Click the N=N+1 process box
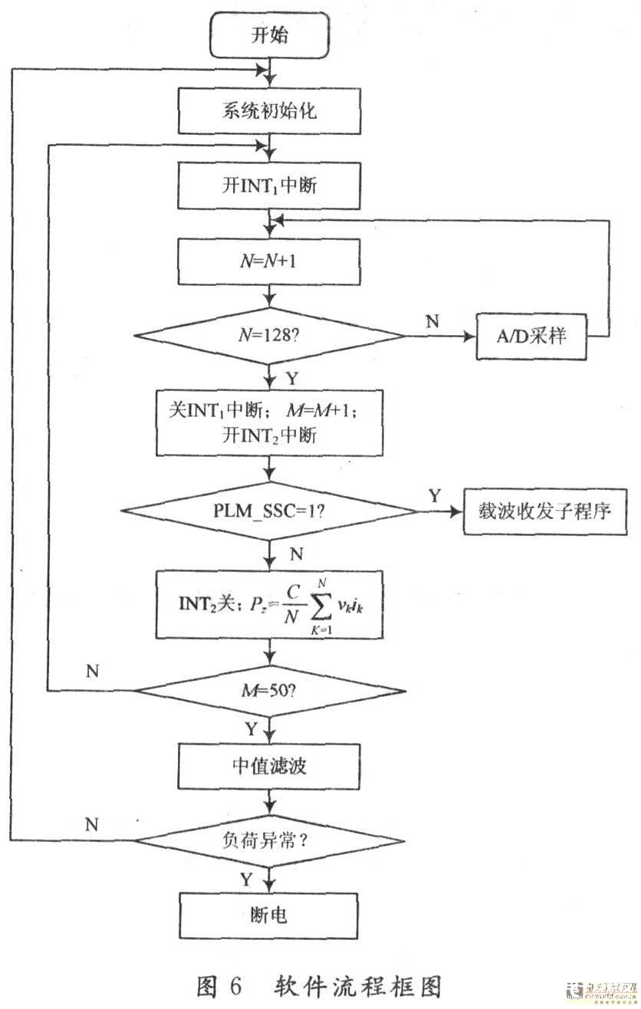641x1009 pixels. tap(268, 261)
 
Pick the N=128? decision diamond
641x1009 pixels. tap(268, 336)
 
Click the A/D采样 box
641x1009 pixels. tap(531, 336)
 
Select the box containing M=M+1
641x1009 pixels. tap(268, 424)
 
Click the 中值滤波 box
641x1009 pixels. tap(268, 766)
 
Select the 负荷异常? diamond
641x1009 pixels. tap(268, 841)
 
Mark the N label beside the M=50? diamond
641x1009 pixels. tap(93, 672)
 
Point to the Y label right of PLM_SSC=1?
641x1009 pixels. tap(435, 495)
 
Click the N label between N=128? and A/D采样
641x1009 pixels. tap(432, 320)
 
